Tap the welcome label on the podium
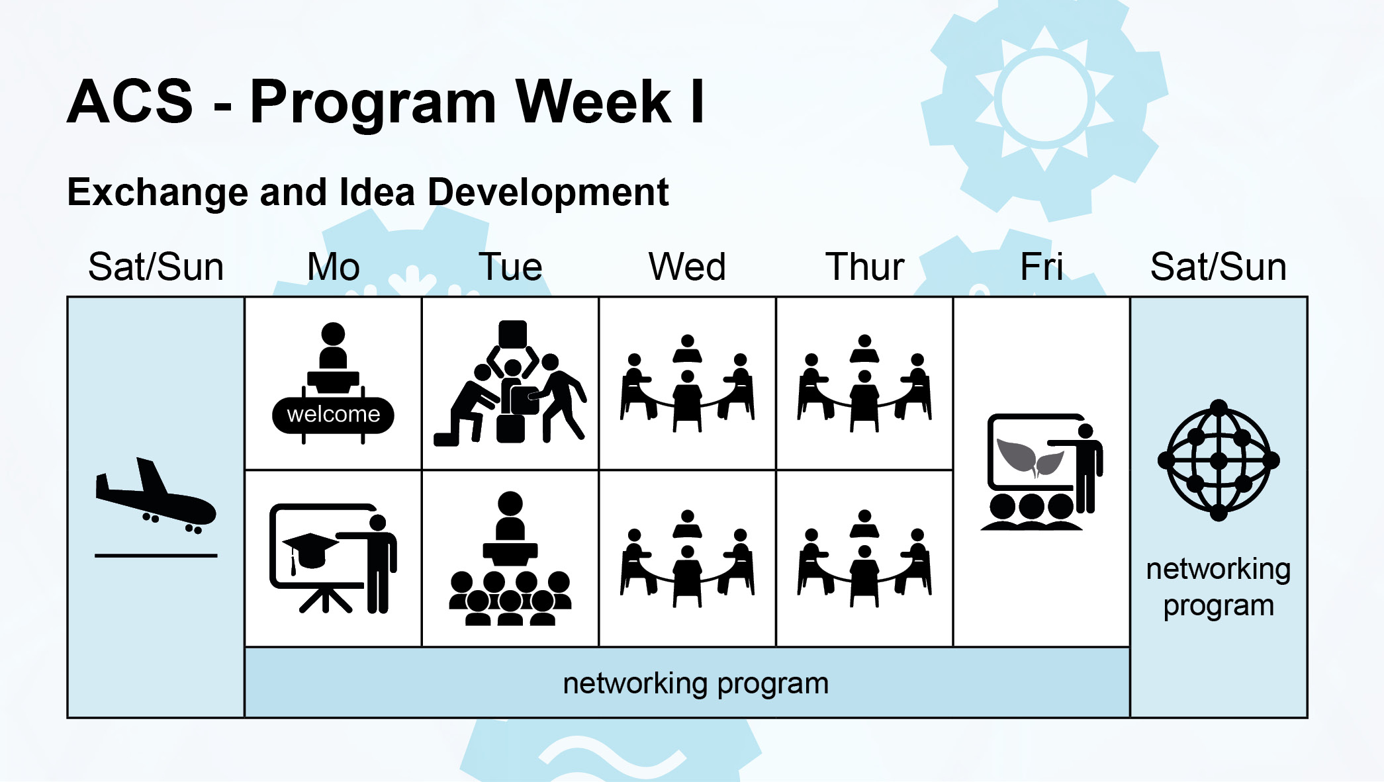(x=334, y=415)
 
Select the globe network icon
(x=1219, y=460)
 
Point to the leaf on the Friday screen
(x=1030, y=457)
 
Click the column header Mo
(x=334, y=267)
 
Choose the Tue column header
(x=510, y=267)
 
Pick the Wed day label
(x=687, y=267)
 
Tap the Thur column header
(x=864, y=267)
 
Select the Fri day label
(x=1042, y=267)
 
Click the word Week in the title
(x=594, y=102)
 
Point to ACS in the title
(x=130, y=102)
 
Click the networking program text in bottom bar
(x=696, y=684)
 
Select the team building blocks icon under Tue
(x=510, y=384)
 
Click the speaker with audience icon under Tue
(x=510, y=558)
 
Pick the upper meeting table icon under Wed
(x=687, y=384)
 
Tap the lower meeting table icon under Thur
(x=864, y=558)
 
